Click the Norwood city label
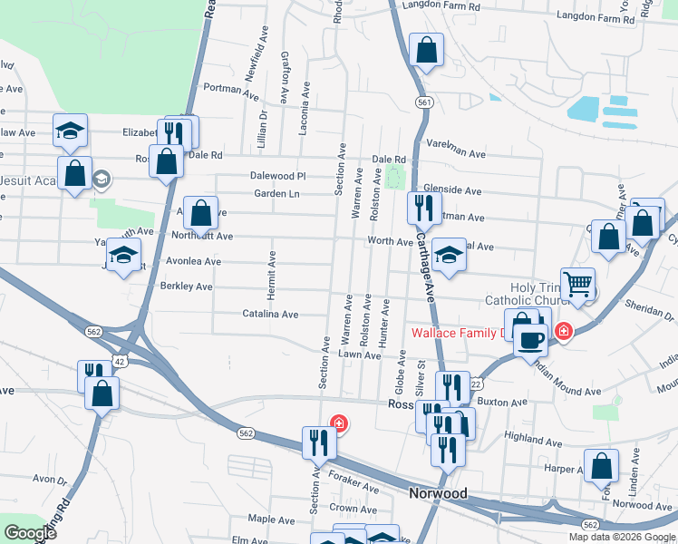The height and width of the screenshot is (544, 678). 437,493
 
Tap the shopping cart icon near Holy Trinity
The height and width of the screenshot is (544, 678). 577,283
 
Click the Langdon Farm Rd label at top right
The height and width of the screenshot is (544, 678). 595,17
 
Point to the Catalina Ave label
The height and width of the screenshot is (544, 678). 270,315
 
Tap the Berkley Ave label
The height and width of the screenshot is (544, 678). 186,287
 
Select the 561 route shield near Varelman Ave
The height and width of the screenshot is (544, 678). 423,103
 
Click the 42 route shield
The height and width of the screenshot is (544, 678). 119,361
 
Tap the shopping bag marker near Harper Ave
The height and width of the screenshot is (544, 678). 601,466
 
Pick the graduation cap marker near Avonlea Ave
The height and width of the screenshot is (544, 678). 124,257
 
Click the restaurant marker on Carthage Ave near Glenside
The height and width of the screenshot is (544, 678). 423,209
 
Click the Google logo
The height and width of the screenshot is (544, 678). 29,533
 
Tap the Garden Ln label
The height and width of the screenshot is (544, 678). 276,193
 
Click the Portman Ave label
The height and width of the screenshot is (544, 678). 231,89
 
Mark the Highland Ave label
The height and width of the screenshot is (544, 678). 528,437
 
